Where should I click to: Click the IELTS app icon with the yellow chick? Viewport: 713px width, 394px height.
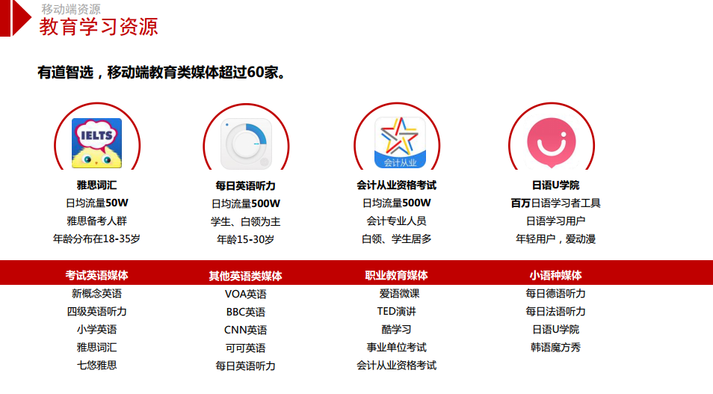coord(97,143)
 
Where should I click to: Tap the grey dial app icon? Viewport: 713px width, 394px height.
coord(246,144)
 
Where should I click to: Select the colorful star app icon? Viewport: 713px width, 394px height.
coord(400,142)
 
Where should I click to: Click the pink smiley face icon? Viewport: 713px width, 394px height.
coord(552,142)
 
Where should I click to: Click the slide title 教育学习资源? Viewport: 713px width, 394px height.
coord(99,27)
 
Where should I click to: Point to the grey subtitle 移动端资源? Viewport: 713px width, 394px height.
coord(71,9)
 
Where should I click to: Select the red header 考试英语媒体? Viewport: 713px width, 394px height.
coord(97,275)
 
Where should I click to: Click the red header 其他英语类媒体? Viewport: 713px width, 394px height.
coord(246,276)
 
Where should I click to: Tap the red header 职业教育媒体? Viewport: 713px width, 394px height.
coord(397,275)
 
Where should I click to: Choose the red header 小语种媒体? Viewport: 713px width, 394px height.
coord(555,275)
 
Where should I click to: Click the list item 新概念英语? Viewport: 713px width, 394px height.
coord(97,294)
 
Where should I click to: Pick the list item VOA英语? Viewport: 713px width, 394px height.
coord(246,294)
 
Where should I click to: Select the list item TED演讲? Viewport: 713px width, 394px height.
coord(397,311)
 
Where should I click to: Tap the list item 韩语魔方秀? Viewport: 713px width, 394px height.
coord(555,347)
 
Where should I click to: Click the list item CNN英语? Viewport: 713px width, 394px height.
coord(246,330)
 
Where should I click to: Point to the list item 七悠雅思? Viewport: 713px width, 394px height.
coord(97,365)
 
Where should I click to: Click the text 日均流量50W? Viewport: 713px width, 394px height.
coord(97,203)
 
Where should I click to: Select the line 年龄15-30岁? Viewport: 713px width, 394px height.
coord(246,239)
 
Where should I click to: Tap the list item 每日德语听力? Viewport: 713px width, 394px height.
coord(555,294)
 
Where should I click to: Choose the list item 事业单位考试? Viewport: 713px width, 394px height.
coord(397,347)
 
